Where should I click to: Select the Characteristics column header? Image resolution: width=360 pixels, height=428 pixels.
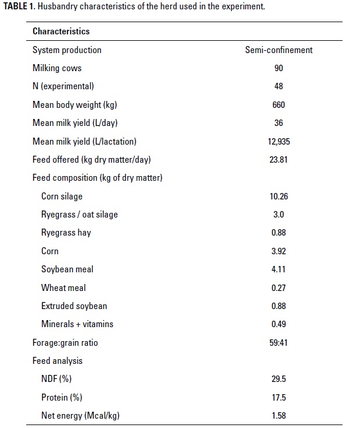(x=61, y=31)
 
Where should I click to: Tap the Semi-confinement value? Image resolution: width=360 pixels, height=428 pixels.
(x=278, y=50)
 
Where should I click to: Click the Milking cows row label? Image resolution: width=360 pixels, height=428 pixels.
(x=57, y=68)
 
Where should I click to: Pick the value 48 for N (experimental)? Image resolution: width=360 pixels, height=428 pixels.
(x=278, y=86)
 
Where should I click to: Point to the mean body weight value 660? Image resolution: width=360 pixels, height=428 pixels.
(x=278, y=105)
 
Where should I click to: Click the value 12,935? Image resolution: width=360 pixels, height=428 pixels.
(x=278, y=141)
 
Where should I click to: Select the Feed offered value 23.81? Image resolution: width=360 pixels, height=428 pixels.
(x=278, y=159)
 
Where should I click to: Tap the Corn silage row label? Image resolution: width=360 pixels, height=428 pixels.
(x=62, y=196)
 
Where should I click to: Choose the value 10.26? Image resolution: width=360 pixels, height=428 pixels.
(x=278, y=196)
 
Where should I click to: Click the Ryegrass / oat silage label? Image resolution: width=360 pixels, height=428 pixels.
(x=79, y=214)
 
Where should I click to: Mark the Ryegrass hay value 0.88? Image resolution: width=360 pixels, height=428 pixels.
(x=278, y=233)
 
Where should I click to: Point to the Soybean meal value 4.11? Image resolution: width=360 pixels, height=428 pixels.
(x=278, y=269)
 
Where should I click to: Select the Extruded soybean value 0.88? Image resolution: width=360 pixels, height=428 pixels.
(x=278, y=306)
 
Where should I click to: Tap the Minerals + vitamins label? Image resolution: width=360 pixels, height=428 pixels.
(x=77, y=324)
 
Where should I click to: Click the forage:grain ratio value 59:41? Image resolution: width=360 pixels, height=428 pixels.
(x=278, y=342)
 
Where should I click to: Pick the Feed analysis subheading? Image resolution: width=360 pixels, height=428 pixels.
(x=58, y=361)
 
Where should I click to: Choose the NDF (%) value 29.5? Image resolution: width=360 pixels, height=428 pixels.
(x=278, y=379)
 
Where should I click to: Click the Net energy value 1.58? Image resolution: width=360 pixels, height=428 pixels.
(x=278, y=416)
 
